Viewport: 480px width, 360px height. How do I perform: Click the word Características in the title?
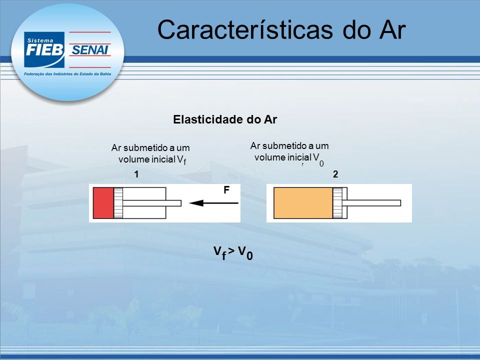pyautogui.click(x=245, y=29)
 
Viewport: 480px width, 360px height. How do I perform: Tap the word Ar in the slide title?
pyautogui.click(x=392, y=30)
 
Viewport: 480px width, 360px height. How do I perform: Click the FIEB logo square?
pyautogui.click(x=44, y=49)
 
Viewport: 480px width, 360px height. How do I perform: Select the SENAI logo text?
pyautogui.click(x=89, y=50)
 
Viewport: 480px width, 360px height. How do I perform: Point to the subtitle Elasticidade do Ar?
pyautogui.click(x=225, y=119)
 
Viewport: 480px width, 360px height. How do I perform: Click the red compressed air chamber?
pyautogui.click(x=103, y=203)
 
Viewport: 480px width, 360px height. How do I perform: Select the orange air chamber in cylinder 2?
pyautogui.click(x=303, y=203)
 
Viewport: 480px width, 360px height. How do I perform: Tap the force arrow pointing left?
pyautogui.click(x=213, y=203)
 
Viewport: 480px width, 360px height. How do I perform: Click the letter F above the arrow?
pyautogui.click(x=226, y=190)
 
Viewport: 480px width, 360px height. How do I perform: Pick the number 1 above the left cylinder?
pyautogui.click(x=136, y=174)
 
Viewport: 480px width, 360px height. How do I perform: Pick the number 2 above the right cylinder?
pyautogui.click(x=335, y=174)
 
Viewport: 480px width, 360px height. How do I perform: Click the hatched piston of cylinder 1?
pyautogui.click(x=118, y=203)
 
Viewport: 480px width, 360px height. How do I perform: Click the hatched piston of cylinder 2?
pyautogui.click(x=337, y=203)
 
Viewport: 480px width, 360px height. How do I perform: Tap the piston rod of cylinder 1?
pyautogui.click(x=152, y=203)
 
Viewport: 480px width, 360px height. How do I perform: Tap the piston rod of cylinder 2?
pyautogui.click(x=371, y=203)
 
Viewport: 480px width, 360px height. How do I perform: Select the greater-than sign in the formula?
pyautogui.click(x=231, y=251)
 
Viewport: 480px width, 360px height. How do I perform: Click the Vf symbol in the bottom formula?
pyautogui.click(x=220, y=253)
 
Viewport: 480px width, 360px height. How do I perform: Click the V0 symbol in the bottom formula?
pyautogui.click(x=245, y=253)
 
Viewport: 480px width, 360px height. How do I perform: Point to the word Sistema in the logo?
pyautogui.click(x=40, y=40)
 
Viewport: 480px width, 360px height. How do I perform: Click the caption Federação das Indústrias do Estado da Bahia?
pyautogui.click(x=67, y=74)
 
